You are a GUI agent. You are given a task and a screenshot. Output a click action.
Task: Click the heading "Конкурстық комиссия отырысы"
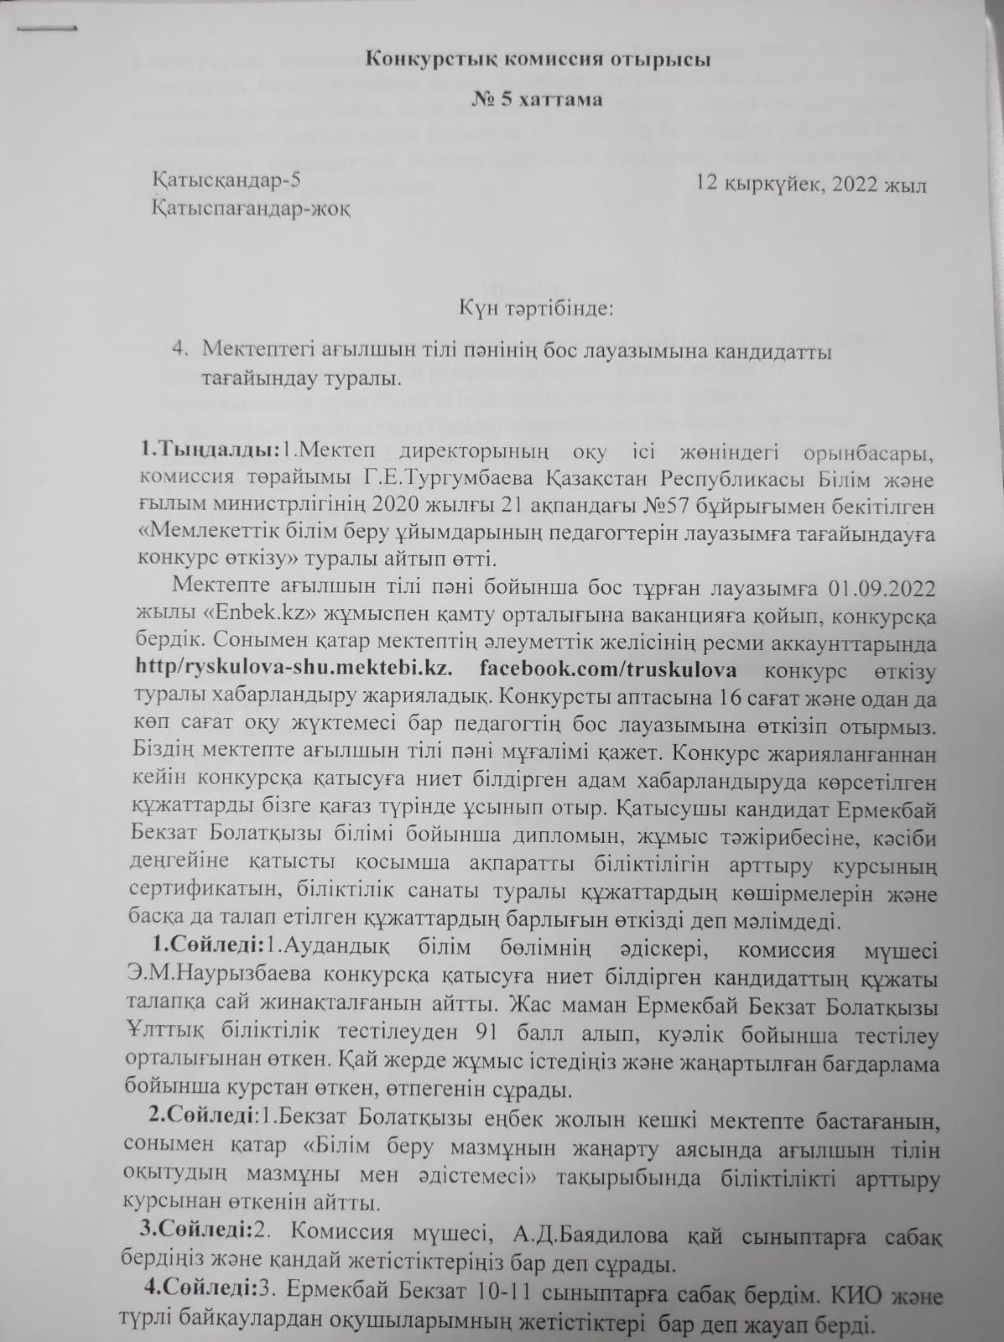pos(538,61)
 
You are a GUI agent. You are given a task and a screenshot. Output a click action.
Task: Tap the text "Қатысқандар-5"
pos(225,180)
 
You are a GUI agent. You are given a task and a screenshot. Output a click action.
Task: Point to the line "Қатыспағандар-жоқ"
pos(249,209)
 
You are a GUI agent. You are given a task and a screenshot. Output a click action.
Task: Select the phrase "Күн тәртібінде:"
pos(536,309)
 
